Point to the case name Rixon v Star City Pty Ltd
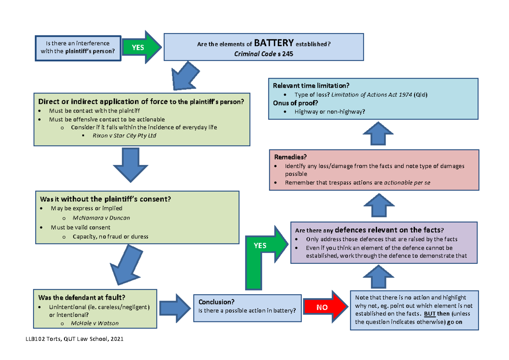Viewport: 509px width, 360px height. pos(121,136)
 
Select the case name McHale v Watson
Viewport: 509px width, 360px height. pos(96,323)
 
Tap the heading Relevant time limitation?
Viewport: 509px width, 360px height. pos(311,86)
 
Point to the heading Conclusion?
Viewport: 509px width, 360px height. pos(216,302)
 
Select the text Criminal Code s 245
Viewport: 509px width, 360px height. pos(263,54)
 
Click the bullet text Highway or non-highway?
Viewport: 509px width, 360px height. pos(330,112)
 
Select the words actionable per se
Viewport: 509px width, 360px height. pos(407,183)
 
